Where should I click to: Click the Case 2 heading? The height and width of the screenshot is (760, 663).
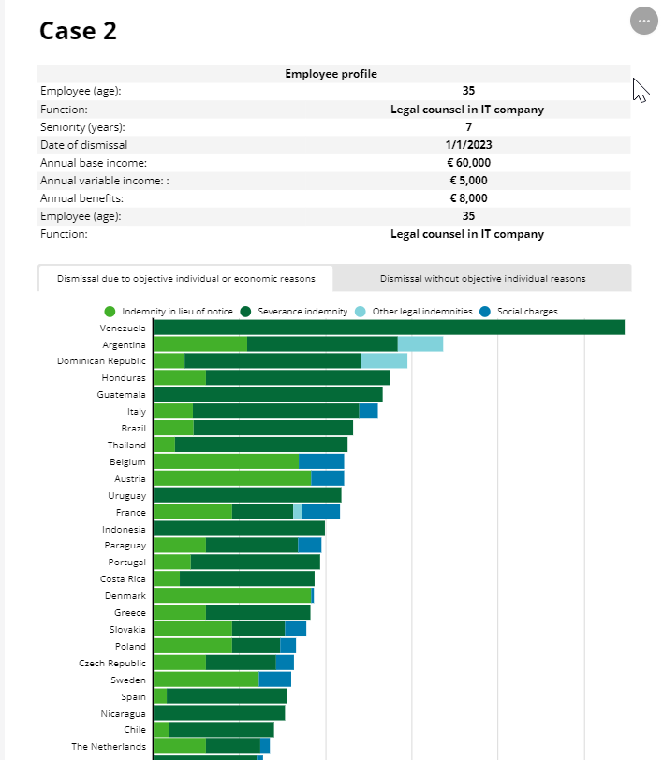pyautogui.click(x=79, y=30)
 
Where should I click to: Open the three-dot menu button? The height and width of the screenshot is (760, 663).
pyautogui.click(x=643, y=21)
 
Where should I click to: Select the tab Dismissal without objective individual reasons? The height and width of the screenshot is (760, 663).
pyautogui.click(x=482, y=278)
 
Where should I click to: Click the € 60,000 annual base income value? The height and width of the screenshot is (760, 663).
pyautogui.click(x=468, y=163)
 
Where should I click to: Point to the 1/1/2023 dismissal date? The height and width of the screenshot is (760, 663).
pyautogui.click(x=468, y=145)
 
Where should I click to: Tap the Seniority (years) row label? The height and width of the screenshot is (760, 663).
pyautogui.click(x=82, y=127)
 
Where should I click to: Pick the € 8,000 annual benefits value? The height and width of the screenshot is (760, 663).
pyautogui.click(x=468, y=198)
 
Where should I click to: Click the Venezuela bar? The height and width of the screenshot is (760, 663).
pyautogui.click(x=388, y=328)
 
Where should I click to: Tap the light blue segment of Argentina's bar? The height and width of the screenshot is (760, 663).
pyautogui.click(x=420, y=344)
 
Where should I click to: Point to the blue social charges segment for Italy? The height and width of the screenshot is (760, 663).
pyautogui.click(x=368, y=411)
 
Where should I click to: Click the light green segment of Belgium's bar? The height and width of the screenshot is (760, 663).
pyautogui.click(x=226, y=461)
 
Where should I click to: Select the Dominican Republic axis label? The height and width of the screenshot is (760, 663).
pyautogui.click(x=101, y=361)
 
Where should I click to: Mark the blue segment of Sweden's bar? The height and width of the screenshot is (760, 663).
pyautogui.click(x=274, y=680)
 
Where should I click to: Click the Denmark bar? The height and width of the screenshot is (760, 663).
pyautogui.click(x=232, y=595)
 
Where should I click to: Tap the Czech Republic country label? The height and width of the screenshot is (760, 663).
pyautogui.click(x=112, y=663)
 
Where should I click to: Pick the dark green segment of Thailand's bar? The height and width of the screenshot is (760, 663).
pyautogui.click(x=261, y=445)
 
